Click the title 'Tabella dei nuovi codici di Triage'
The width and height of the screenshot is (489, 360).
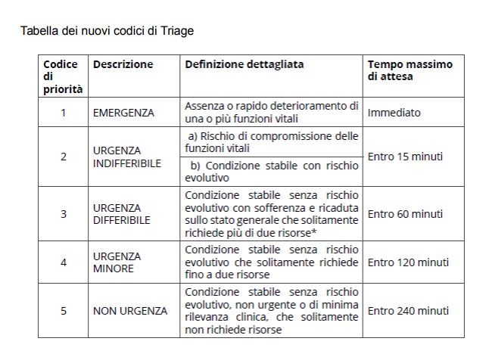107,31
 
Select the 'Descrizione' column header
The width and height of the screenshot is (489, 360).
123,64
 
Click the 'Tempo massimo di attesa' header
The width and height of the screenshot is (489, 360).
410,70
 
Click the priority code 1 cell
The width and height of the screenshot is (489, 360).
63,113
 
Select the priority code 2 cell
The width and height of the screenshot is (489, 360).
63,157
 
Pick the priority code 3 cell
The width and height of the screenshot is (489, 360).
63,213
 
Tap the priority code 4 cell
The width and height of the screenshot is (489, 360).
63,262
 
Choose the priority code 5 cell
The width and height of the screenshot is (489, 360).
63,310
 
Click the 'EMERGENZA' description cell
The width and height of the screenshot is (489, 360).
123,113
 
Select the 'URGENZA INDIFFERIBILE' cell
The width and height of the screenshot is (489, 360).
127,157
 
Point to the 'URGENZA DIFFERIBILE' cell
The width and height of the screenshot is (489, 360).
122,213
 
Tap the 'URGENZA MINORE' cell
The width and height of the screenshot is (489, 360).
117,262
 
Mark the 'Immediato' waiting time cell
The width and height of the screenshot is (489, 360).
394,113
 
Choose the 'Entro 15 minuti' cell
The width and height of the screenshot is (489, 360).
405,157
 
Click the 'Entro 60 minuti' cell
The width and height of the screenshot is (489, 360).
405,213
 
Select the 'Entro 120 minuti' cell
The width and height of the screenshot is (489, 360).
408,262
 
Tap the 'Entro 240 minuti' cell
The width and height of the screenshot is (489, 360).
408,310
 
